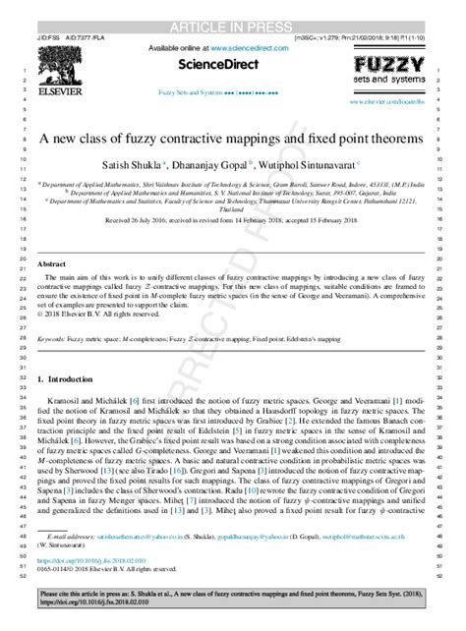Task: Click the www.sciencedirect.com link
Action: click(x=250, y=47)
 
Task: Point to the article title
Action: click(x=234, y=140)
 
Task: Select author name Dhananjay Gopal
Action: click(x=216, y=165)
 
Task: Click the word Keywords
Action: click(x=54, y=338)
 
